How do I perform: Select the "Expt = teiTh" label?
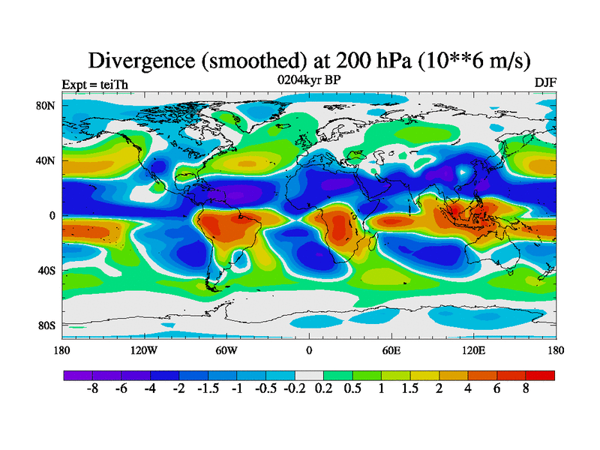(x=94, y=84)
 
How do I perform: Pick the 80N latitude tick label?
(x=46, y=106)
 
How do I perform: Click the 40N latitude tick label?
(x=46, y=160)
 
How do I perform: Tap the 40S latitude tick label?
(x=46, y=271)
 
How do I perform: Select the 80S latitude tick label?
(x=46, y=325)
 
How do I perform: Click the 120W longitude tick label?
(x=143, y=350)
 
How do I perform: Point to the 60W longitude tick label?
(x=226, y=350)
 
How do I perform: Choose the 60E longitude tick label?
(x=391, y=350)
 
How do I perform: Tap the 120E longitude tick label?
(x=473, y=350)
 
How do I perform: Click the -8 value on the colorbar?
(x=92, y=390)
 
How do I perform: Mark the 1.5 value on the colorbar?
(x=411, y=390)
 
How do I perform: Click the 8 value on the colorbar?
(x=526, y=390)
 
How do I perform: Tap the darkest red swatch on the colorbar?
(x=541, y=375)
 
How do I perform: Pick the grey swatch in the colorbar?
(x=309, y=375)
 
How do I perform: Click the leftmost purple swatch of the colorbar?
(x=77, y=375)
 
